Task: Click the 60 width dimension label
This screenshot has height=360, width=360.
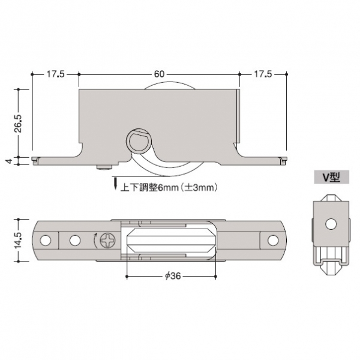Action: point(159,74)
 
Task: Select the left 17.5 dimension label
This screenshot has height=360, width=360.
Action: point(56,74)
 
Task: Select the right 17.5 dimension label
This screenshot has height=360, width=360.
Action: point(263,74)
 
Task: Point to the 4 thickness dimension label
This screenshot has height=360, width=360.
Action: point(9,161)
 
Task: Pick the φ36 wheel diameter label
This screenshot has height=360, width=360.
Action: point(173,276)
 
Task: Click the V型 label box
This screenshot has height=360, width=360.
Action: point(332,177)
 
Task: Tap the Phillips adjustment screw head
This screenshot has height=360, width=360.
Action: point(107,241)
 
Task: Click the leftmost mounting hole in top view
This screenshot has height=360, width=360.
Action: point(45,241)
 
